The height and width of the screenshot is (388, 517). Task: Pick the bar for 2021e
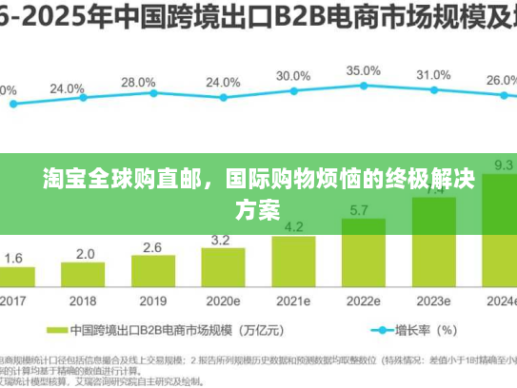[293, 262]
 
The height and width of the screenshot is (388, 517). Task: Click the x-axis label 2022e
[362, 301]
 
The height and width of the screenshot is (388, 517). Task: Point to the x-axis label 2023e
[432, 301]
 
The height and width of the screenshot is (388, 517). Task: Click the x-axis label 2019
[152, 301]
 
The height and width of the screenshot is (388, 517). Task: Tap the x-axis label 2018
[85, 301]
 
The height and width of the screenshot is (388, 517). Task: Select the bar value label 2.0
[85, 254]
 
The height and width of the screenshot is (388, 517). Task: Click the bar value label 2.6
[152, 247]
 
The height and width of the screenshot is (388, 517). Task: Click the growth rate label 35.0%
[363, 70]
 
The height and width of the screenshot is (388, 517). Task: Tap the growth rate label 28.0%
[138, 82]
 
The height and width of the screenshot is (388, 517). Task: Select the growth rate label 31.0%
[433, 74]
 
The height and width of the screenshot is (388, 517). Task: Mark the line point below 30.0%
[293, 91]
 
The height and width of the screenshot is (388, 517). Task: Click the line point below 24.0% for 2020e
[223, 97]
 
